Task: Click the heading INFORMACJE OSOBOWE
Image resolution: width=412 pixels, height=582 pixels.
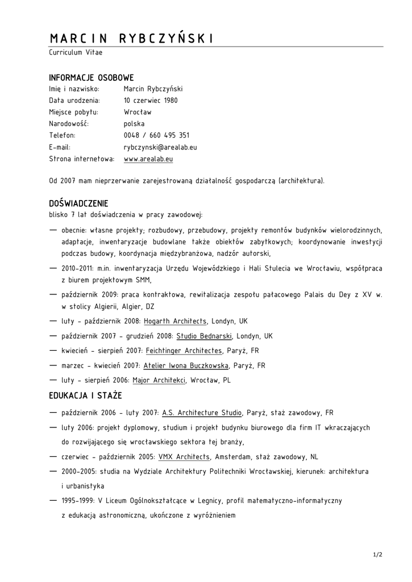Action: point(91,77)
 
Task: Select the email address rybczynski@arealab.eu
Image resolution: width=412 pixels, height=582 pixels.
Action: point(160,147)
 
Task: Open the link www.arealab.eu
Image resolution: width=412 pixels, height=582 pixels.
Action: point(148,159)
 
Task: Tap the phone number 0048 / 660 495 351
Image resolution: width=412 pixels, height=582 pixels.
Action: point(156,135)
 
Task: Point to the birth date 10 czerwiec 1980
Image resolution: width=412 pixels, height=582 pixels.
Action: point(151,101)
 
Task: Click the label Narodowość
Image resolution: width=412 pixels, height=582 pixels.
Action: point(69,124)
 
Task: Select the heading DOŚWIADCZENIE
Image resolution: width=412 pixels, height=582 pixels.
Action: point(78,203)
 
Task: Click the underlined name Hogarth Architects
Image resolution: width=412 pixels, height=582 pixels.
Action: point(176,321)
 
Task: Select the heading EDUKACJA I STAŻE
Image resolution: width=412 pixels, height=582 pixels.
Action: point(85,396)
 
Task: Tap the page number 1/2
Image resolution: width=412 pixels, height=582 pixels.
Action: point(378,555)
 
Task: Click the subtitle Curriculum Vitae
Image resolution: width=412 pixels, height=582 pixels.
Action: point(76,52)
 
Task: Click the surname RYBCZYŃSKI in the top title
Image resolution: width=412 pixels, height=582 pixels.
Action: point(165,39)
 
